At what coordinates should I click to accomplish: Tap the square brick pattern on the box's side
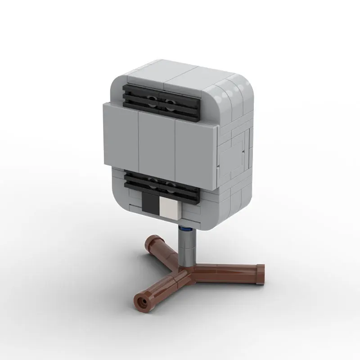(x=236, y=148)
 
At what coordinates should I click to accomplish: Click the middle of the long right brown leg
(x=225, y=273)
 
